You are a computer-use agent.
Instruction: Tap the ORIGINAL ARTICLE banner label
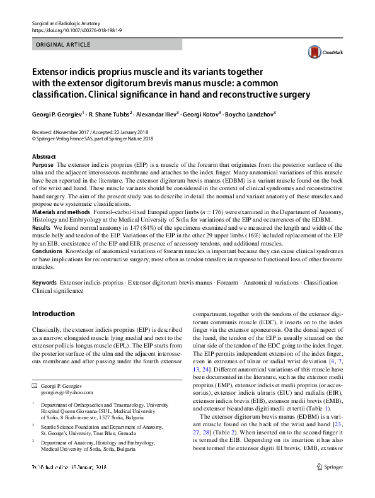(64, 45)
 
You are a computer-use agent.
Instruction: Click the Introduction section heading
(53, 314)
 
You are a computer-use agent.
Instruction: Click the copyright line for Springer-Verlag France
(93, 139)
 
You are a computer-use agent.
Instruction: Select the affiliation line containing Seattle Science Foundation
(102, 426)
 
